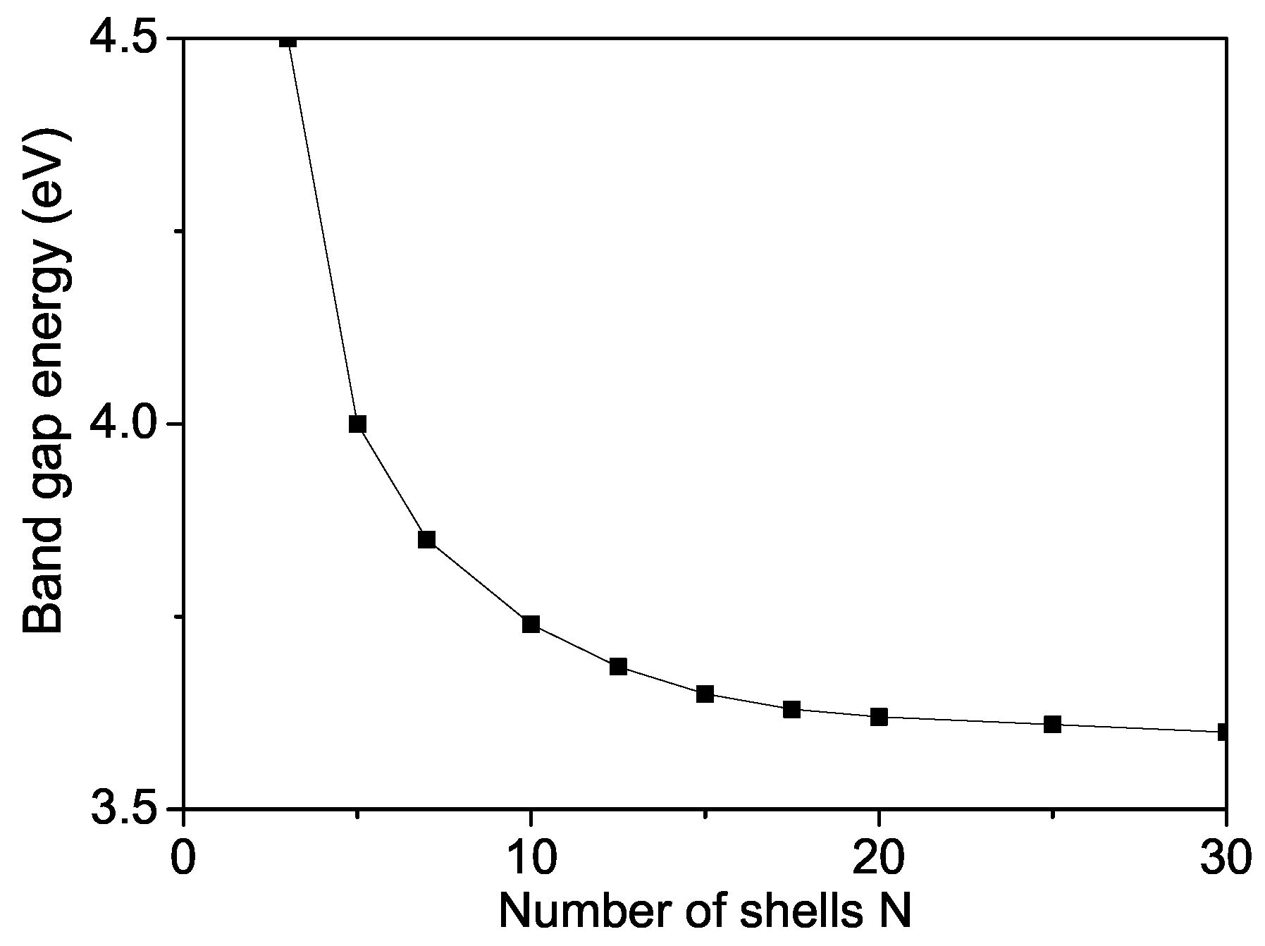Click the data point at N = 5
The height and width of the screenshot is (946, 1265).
click(x=357, y=424)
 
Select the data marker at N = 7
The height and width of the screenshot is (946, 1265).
click(x=426, y=539)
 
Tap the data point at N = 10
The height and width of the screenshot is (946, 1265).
click(x=531, y=624)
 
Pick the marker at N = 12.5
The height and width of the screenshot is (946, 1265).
click(x=618, y=666)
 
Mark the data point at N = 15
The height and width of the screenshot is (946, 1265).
click(x=705, y=694)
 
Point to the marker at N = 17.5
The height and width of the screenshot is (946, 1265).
click(x=791, y=709)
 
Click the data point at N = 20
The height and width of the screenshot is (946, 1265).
click(x=879, y=717)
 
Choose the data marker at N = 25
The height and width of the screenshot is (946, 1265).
click(x=1052, y=724)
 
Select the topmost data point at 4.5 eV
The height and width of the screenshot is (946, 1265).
click(x=288, y=40)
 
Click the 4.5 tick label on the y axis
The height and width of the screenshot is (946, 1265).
click(x=123, y=39)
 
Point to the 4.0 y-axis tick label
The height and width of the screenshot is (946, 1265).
click(x=123, y=424)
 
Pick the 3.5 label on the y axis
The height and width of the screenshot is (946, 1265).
click(x=123, y=809)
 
